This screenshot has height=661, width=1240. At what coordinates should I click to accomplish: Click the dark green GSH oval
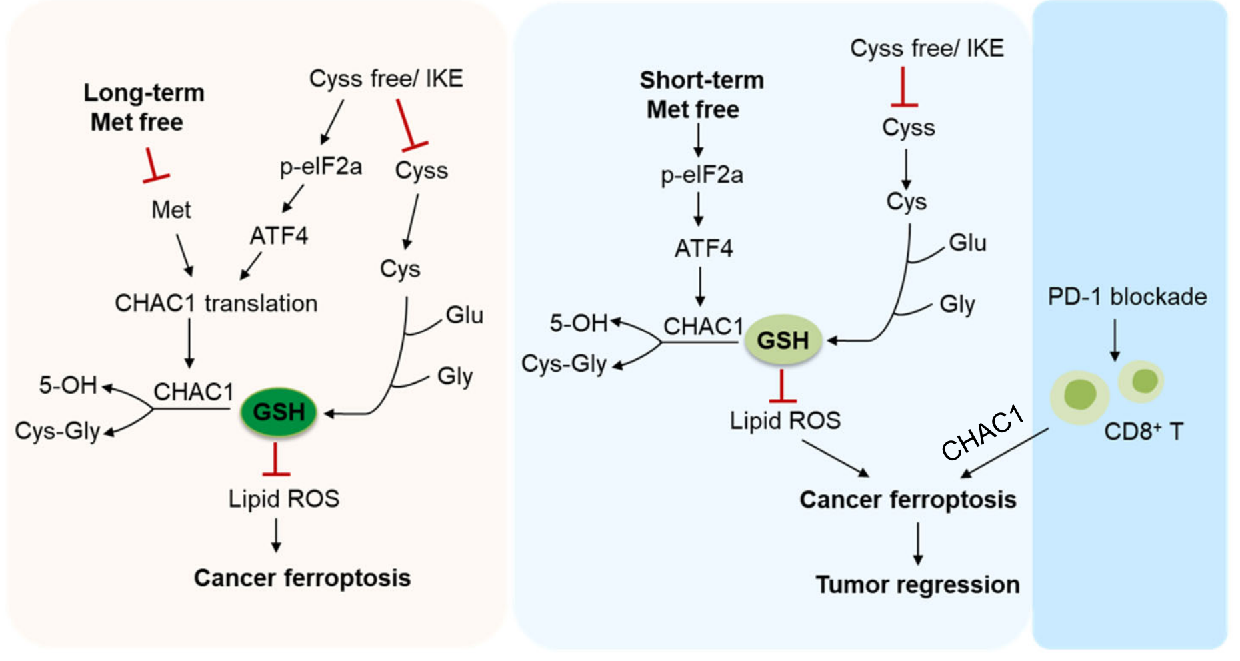(x=278, y=412)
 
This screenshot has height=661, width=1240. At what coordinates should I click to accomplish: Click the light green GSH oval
(x=783, y=340)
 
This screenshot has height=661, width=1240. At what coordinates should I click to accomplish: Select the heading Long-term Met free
(x=143, y=107)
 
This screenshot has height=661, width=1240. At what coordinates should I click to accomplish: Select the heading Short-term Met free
(x=701, y=95)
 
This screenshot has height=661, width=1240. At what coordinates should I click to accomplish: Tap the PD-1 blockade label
(x=1127, y=297)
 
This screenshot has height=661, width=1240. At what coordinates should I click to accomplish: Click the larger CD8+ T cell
(x=1080, y=396)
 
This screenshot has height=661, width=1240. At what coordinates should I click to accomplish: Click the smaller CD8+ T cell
(x=1141, y=382)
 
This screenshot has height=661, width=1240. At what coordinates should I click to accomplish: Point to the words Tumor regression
(x=918, y=585)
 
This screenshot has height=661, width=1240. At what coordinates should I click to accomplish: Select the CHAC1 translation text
(x=216, y=303)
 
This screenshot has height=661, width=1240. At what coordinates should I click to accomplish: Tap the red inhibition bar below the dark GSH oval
(x=275, y=459)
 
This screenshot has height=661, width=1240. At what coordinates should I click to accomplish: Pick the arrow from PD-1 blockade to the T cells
(x=1114, y=340)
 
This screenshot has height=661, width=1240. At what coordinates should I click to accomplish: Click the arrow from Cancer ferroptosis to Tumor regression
(x=918, y=544)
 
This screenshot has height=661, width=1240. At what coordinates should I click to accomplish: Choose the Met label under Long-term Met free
(x=171, y=210)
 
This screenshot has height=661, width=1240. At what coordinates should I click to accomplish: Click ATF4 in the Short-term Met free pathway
(x=704, y=249)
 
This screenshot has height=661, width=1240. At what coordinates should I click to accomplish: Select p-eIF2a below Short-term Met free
(x=702, y=175)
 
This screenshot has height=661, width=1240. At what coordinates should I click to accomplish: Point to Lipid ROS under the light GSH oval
(x=785, y=421)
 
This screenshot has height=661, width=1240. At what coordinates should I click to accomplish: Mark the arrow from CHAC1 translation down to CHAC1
(x=189, y=343)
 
